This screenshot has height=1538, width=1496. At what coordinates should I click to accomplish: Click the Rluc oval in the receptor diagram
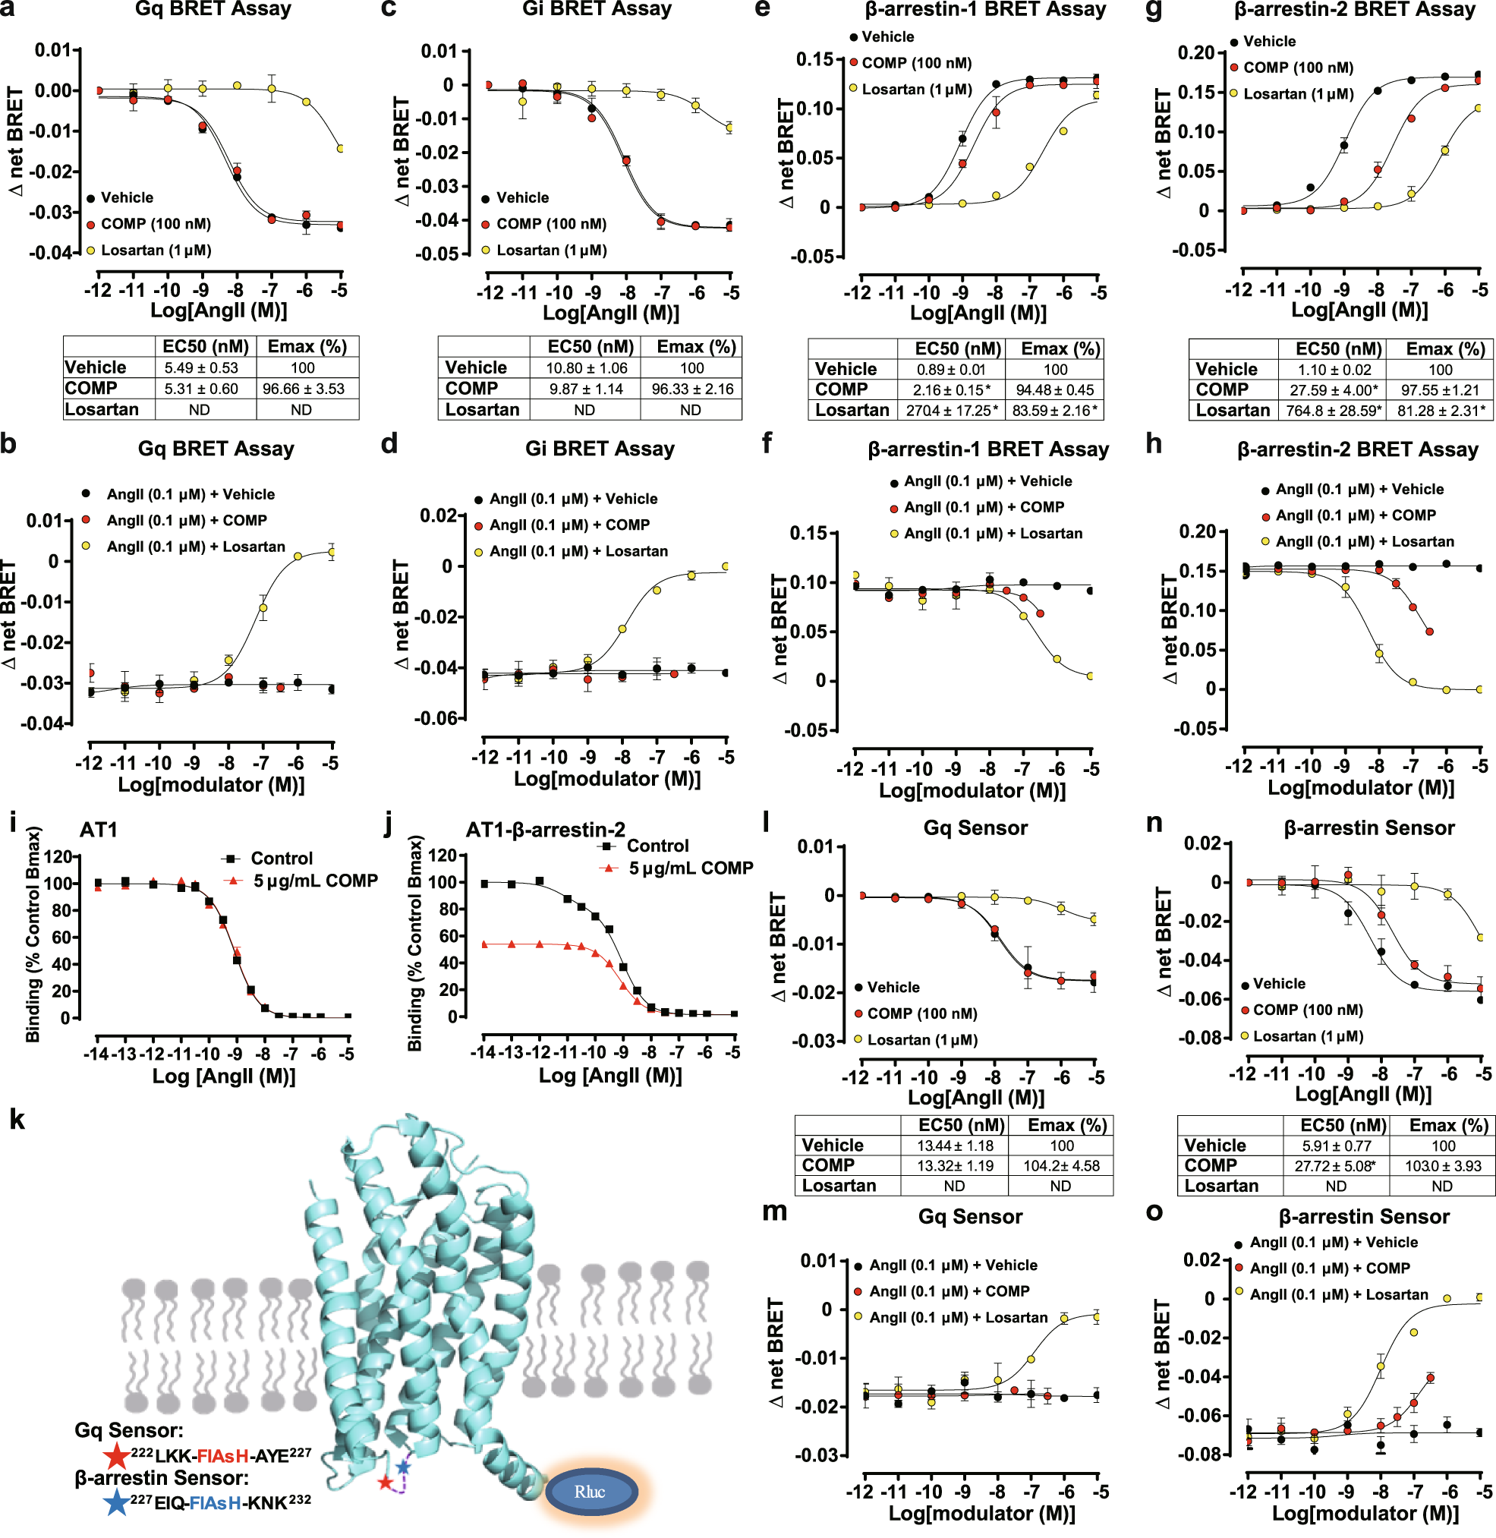pos(591,1491)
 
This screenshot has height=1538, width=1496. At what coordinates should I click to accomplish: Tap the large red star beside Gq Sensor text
pos(117,1455)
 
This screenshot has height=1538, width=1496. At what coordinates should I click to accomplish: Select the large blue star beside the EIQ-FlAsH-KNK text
pos(116,1502)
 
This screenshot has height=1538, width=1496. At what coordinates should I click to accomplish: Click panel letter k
pos(17,1119)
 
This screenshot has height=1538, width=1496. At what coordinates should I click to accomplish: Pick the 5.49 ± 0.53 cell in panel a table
pos(201,368)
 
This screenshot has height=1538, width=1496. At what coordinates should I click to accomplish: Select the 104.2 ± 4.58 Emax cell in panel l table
pos(1061,1165)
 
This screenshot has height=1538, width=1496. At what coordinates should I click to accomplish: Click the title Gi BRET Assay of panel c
pos(597,9)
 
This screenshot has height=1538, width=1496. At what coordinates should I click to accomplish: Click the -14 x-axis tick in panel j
pos(484,1051)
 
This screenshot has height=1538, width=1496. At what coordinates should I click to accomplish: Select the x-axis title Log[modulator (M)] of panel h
pos(1361,787)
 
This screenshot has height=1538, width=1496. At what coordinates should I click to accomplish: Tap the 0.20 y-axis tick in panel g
pos(1196,52)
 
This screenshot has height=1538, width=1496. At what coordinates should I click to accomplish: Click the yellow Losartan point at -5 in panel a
pos(340,148)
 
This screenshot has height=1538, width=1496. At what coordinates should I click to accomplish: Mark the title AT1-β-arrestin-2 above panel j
pos(545,830)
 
